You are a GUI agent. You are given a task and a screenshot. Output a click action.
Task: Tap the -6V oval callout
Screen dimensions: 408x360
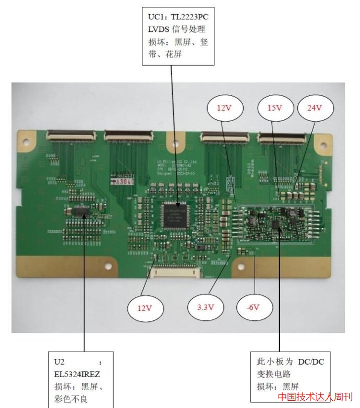pos(254,307)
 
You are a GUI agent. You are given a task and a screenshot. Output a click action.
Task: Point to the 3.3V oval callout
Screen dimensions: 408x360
pos(206,307)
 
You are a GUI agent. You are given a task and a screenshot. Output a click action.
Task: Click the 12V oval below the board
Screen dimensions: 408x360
pos(145,308)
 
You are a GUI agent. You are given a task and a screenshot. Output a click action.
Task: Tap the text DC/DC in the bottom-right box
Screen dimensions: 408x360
pos(311,362)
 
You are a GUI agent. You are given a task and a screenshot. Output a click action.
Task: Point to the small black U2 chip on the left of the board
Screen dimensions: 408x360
pos(81,211)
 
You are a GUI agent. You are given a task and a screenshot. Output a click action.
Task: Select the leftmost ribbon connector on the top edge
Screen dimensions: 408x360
pos(71,137)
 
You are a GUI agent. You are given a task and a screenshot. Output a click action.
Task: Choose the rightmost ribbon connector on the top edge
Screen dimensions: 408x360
pos(282,138)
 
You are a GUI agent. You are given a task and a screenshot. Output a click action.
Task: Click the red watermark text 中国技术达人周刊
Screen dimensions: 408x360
pos(315,398)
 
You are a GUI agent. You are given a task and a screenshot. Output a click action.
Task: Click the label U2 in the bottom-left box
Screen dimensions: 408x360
pos(59,361)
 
